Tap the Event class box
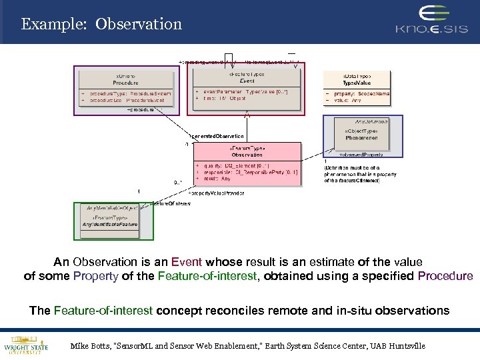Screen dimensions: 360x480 point(247,86)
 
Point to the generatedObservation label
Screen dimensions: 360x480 point(217,136)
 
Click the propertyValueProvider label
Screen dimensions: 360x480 point(217,193)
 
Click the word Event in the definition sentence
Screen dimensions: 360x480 point(186,262)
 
